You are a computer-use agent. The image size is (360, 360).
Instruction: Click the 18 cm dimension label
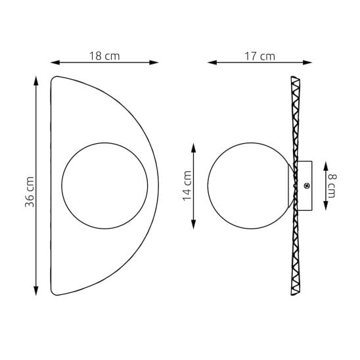(x=104, y=56)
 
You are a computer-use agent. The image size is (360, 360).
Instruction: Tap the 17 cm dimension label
(x=259, y=56)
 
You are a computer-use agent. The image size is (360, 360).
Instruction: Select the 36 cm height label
(x=30, y=192)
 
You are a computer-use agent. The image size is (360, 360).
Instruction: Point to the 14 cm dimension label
(x=187, y=186)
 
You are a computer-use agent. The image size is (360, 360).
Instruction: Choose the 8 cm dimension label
(x=332, y=186)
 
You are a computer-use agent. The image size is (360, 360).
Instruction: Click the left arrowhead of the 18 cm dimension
(x=55, y=62)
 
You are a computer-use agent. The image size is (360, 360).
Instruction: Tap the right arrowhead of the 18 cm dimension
(x=154, y=62)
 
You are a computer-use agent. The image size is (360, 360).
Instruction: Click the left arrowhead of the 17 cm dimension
(x=212, y=62)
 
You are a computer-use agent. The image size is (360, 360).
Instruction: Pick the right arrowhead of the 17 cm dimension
(x=307, y=62)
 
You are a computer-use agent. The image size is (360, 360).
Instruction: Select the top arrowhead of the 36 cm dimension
(x=36, y=81)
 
